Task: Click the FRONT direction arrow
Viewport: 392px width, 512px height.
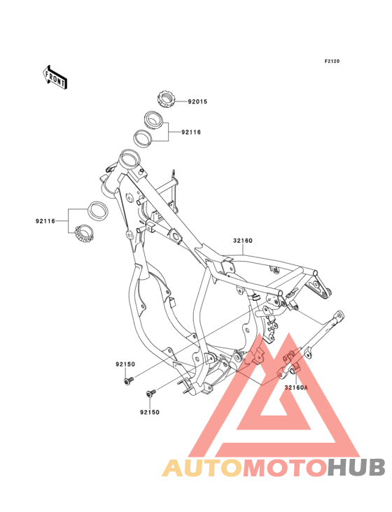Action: [x=55, y=77]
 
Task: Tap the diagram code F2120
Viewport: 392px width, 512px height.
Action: [x=332, y=61]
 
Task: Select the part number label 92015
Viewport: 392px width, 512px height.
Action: [x=197, y=101]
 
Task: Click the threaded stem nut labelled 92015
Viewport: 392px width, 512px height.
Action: [x=166, y=99]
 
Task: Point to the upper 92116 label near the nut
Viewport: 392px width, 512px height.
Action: [x=191, y=132]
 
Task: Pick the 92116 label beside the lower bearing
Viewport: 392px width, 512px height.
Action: [x=45, y=222]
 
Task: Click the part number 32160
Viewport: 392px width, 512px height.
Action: [x=243, y=241]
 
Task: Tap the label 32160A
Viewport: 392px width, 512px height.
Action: [x=296, y=387]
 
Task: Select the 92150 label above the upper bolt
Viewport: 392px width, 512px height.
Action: [x=125, y=364]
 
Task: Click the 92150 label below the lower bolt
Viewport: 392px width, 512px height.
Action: [x=150, y=413]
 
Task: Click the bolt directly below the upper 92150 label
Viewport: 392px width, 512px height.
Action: [x=129, y=381]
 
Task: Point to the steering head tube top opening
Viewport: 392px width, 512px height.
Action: [x=129, y=159]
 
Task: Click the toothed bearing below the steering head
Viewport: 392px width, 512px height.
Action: [x=84, y=233]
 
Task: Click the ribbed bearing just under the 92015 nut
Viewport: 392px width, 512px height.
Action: [x=154, y=120]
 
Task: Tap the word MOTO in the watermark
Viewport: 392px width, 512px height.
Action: [x=286, y=467]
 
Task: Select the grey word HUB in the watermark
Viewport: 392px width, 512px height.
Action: [x=357, y=467]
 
